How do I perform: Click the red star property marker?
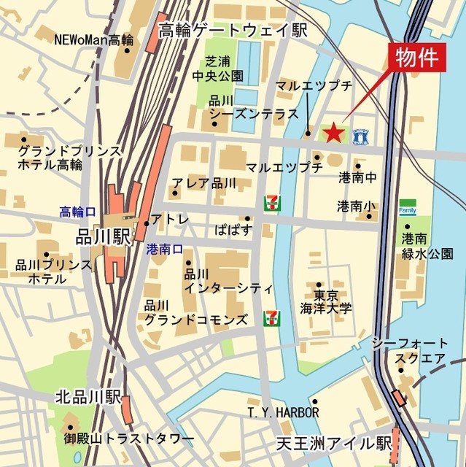coord(333,132)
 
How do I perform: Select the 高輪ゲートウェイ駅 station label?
coord(233,30)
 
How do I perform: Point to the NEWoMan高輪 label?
coord(93,39)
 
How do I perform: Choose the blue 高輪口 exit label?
coord(77,212)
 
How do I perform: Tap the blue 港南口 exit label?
coord(164,248)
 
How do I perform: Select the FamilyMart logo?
coord(407,208)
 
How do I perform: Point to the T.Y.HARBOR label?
coord(283,413)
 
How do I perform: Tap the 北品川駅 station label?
coord(88,398)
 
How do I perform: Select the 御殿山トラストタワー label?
coord(129,438)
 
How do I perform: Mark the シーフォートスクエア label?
coord(409,350)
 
